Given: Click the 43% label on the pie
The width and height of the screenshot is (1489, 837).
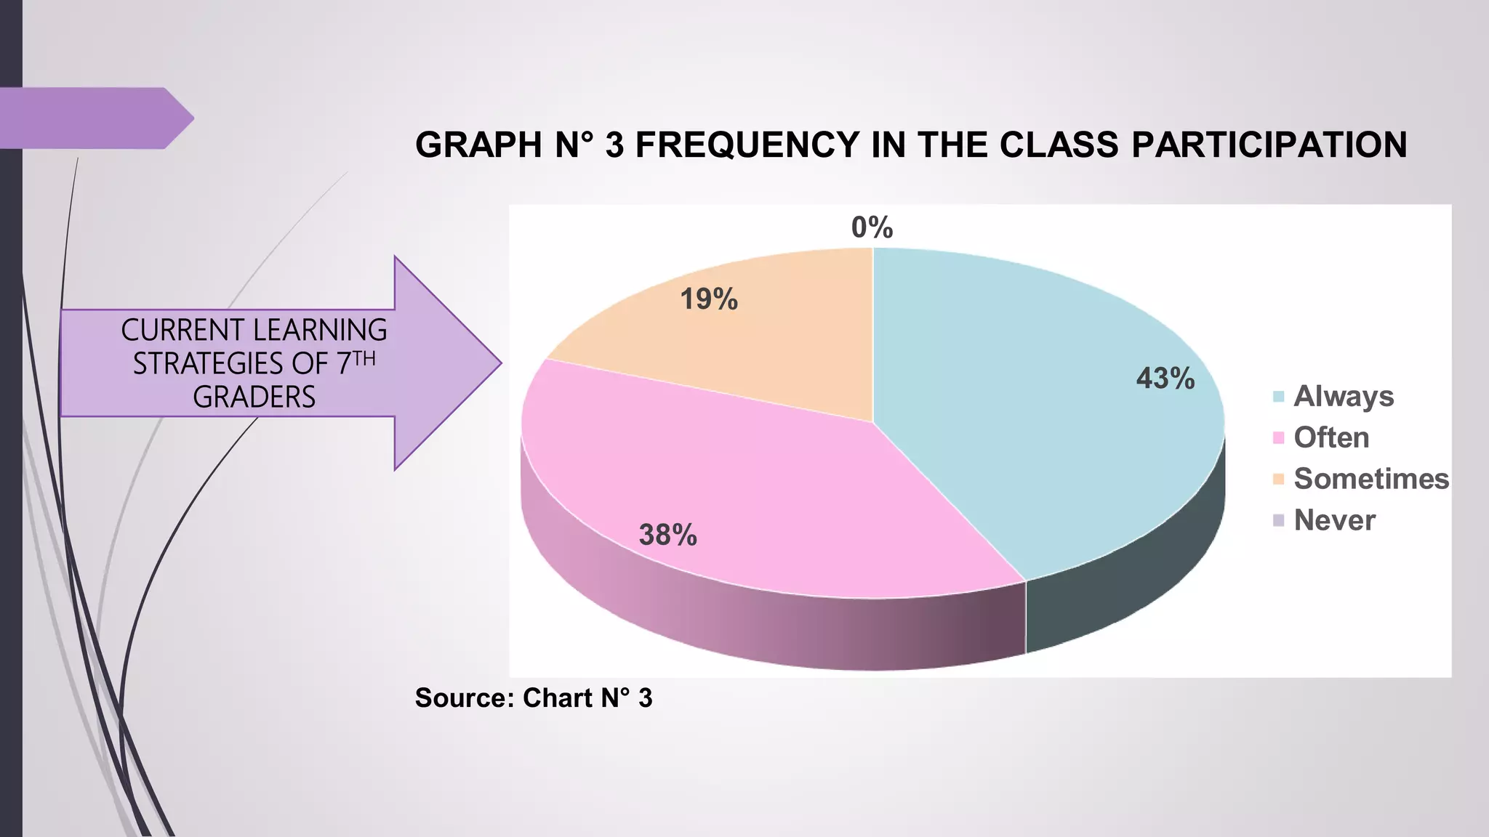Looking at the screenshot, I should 1165,379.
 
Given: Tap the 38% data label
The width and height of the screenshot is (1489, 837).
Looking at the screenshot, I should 667,535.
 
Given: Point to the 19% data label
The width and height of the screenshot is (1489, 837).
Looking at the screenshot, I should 709,299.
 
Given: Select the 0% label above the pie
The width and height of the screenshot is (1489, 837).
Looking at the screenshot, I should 872,228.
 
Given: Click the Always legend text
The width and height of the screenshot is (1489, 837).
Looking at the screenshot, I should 1344,397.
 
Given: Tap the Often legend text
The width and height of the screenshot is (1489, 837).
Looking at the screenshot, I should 1331,438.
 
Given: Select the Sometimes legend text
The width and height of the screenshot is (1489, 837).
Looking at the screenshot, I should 1371,480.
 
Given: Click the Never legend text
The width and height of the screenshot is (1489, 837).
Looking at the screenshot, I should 1334,521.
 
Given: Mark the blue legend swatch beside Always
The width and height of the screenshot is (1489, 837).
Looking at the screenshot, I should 1279,397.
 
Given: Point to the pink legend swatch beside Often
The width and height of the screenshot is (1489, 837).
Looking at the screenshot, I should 1279,438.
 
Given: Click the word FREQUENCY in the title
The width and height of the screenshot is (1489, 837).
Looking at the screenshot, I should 747,145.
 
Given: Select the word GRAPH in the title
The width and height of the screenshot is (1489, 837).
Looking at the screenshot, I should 478,145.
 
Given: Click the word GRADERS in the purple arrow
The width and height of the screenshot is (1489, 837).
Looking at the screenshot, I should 254,397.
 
